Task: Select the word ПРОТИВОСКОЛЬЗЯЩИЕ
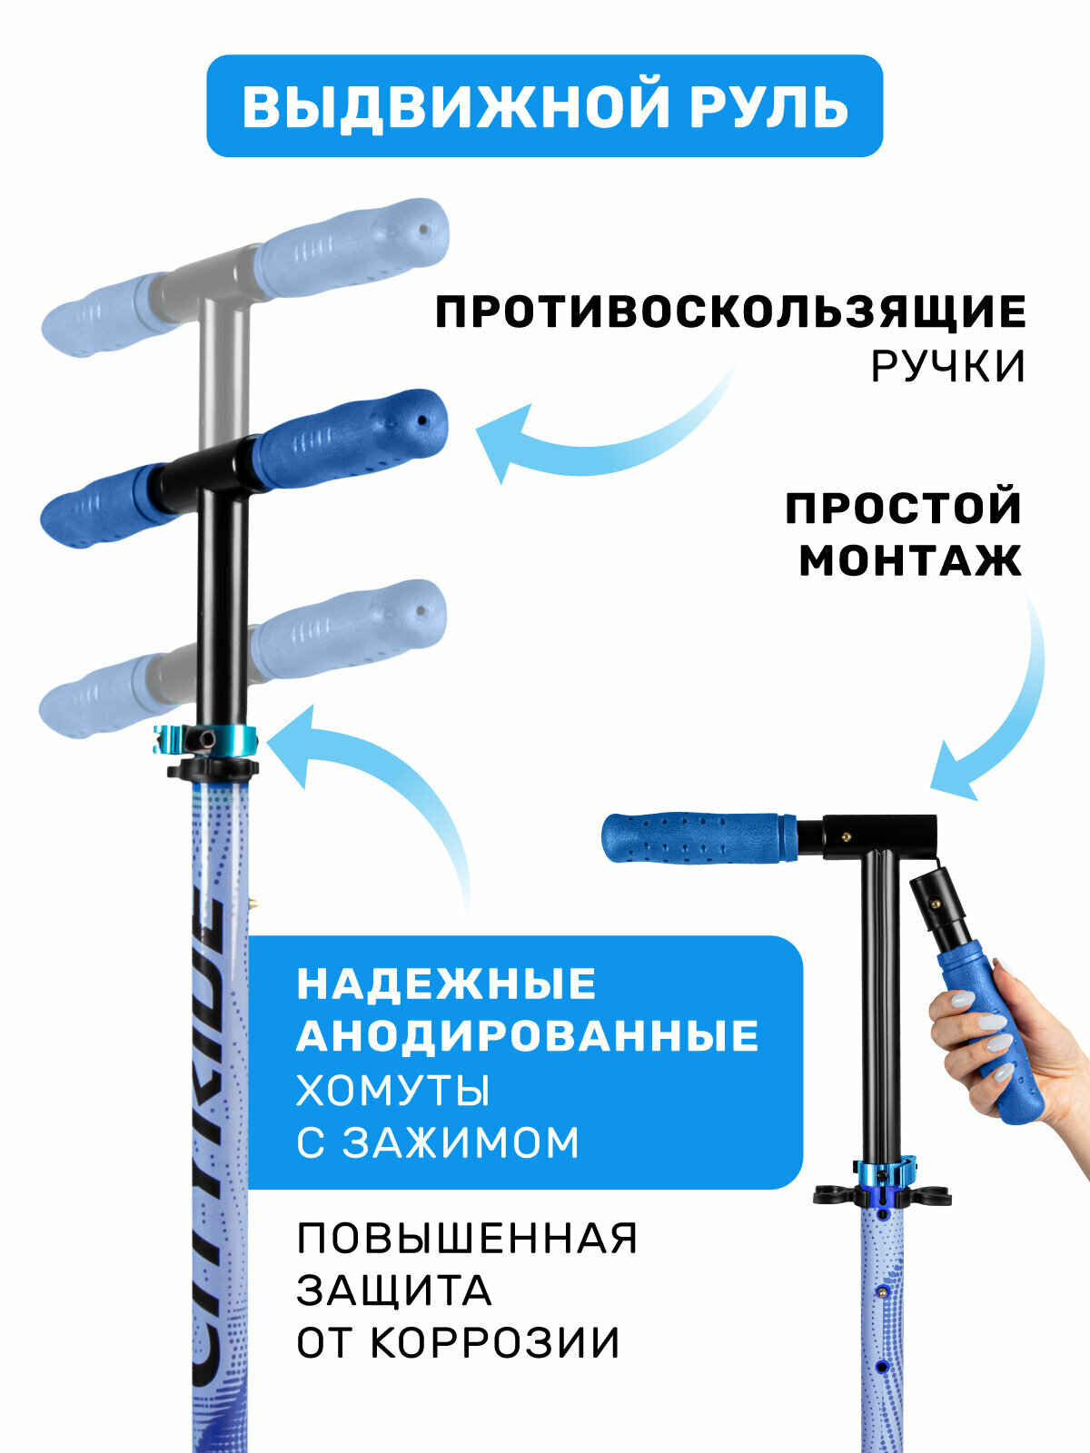(730, 312)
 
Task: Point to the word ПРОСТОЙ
(904, 508)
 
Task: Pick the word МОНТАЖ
(910, 560)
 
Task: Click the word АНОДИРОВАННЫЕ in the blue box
(528, 1036)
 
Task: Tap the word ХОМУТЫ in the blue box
(393, 1090)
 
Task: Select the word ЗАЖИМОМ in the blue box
(461, 1142)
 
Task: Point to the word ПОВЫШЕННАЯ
(467, 1239)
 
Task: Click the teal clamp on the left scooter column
(206, 740)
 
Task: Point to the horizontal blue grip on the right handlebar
(699, 838)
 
